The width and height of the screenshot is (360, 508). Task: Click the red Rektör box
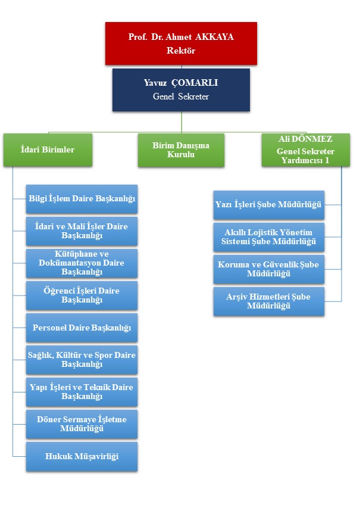181,43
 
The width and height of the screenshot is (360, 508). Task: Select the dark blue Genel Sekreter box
181,90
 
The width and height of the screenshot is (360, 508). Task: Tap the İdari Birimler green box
48,149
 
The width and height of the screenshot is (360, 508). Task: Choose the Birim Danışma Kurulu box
181,150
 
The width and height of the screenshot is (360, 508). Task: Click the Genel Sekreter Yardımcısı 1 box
306,149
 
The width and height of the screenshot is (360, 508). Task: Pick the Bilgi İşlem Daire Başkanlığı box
82,199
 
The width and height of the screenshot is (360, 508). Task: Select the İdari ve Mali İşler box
82,231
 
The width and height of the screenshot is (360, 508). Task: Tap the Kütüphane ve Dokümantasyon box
82,263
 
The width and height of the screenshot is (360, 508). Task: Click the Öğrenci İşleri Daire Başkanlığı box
82,295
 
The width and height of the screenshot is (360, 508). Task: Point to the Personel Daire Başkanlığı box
82,328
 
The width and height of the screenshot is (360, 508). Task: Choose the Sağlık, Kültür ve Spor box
82,360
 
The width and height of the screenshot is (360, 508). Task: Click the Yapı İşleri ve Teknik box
82,392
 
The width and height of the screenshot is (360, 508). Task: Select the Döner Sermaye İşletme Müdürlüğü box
82,424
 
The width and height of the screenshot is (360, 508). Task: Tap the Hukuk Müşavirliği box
82,456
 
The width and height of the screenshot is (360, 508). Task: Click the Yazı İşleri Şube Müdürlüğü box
269,205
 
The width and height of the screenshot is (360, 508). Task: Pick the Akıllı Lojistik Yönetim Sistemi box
269,237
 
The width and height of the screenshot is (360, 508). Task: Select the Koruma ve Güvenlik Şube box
269,269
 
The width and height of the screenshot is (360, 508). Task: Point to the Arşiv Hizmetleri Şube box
269,301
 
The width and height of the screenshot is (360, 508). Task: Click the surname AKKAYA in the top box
214,37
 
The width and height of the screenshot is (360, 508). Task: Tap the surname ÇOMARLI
195,83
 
